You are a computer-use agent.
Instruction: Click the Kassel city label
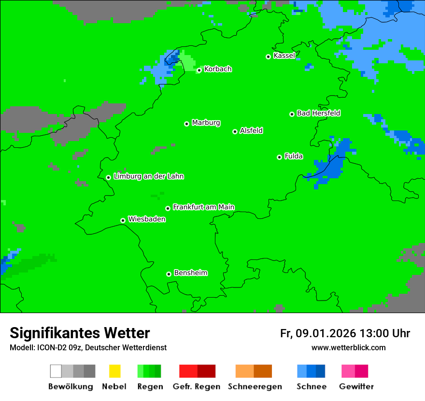click(284, 56)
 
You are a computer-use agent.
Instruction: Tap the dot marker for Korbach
click(199, 70)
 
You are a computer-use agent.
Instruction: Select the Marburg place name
click(206, 123)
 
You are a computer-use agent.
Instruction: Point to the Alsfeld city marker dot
click(235, 131)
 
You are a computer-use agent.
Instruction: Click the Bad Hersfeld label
click(318, 113)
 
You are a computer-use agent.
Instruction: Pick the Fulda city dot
click(279, 157)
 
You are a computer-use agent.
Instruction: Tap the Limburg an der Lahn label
click(148, 176)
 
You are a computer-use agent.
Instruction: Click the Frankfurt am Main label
click(203, 207)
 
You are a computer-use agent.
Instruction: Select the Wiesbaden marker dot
click(123, 220)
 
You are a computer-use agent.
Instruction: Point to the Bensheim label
click(190, 273)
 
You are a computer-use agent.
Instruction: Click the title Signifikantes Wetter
click(80, 333)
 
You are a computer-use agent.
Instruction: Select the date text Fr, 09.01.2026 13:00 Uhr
click(345, 333)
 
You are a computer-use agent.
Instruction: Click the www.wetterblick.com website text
click(348, 348)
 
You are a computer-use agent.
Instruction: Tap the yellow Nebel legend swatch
click(114, 371)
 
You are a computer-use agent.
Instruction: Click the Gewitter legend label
click(356, 387)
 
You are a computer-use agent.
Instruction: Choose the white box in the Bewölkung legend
click(56, 371)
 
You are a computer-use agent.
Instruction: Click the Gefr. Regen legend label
click(197, 387)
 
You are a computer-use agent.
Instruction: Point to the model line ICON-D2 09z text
click(88, 348)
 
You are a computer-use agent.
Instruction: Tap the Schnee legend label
click(312, 387)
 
